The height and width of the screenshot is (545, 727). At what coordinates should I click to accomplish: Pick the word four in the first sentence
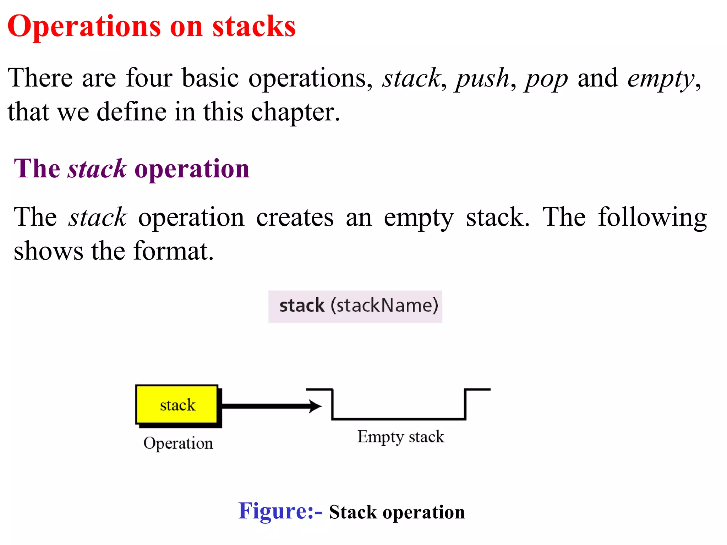pos(149,78)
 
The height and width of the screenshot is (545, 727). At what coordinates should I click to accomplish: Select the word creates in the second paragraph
pos(295,217)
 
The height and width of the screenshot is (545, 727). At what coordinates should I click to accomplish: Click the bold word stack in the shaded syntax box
pos(302,306)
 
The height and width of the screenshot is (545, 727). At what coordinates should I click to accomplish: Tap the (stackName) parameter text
pos(384,306)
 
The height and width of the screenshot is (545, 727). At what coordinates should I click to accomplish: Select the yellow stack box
pos(177,404)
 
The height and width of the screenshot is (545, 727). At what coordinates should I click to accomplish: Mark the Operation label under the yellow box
pos(178,444)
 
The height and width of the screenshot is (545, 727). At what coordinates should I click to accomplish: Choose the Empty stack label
pos(400,437)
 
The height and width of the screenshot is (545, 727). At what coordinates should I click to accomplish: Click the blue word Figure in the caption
pos(275,511)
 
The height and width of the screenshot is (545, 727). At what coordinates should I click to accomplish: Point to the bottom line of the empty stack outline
pos(398,419)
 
